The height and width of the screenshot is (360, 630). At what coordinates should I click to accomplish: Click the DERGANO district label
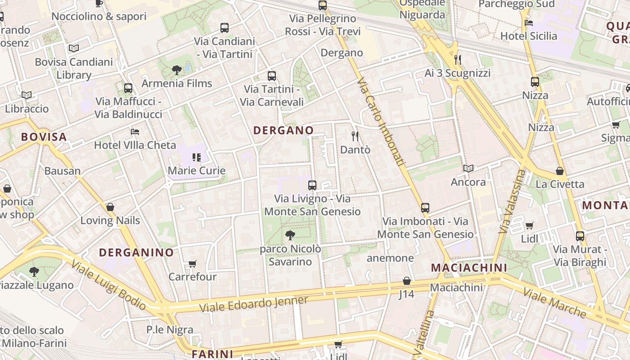tap(283, 130)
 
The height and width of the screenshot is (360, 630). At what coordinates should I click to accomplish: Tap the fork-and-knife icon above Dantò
tap(355, 136)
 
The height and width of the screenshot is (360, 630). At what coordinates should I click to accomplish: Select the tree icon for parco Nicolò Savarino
tap(290, 235)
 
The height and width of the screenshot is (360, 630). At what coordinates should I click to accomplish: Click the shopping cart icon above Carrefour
tap(193, 264)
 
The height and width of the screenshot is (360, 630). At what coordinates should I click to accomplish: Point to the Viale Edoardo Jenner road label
tap(254, 305)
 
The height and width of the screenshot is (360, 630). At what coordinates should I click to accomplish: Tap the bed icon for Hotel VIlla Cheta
tap(135, 132)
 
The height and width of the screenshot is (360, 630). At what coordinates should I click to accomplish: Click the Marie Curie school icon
tap(196, 157)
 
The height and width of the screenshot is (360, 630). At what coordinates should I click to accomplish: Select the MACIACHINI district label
tap(469, 268)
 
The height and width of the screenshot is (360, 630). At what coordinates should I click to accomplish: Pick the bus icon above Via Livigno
tap(312, 185)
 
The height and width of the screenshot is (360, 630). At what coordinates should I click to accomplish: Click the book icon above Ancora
tap(468, 169)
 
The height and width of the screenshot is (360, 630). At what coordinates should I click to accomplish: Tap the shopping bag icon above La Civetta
tap(560, 171)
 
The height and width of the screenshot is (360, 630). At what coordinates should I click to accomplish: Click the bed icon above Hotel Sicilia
tap(529, 22)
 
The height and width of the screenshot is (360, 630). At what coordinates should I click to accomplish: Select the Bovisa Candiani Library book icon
tap(74, 48)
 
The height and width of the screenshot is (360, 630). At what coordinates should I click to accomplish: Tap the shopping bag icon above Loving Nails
tap(110, 207)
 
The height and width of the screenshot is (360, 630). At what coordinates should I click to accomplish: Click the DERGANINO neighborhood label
tap(136, 252)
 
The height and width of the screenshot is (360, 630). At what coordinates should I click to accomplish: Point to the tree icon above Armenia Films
tap(177, 70)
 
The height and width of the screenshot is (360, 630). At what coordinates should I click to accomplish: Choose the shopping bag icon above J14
tap(407, 281)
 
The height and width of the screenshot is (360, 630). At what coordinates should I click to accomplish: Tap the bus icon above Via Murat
tap(580, 236)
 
